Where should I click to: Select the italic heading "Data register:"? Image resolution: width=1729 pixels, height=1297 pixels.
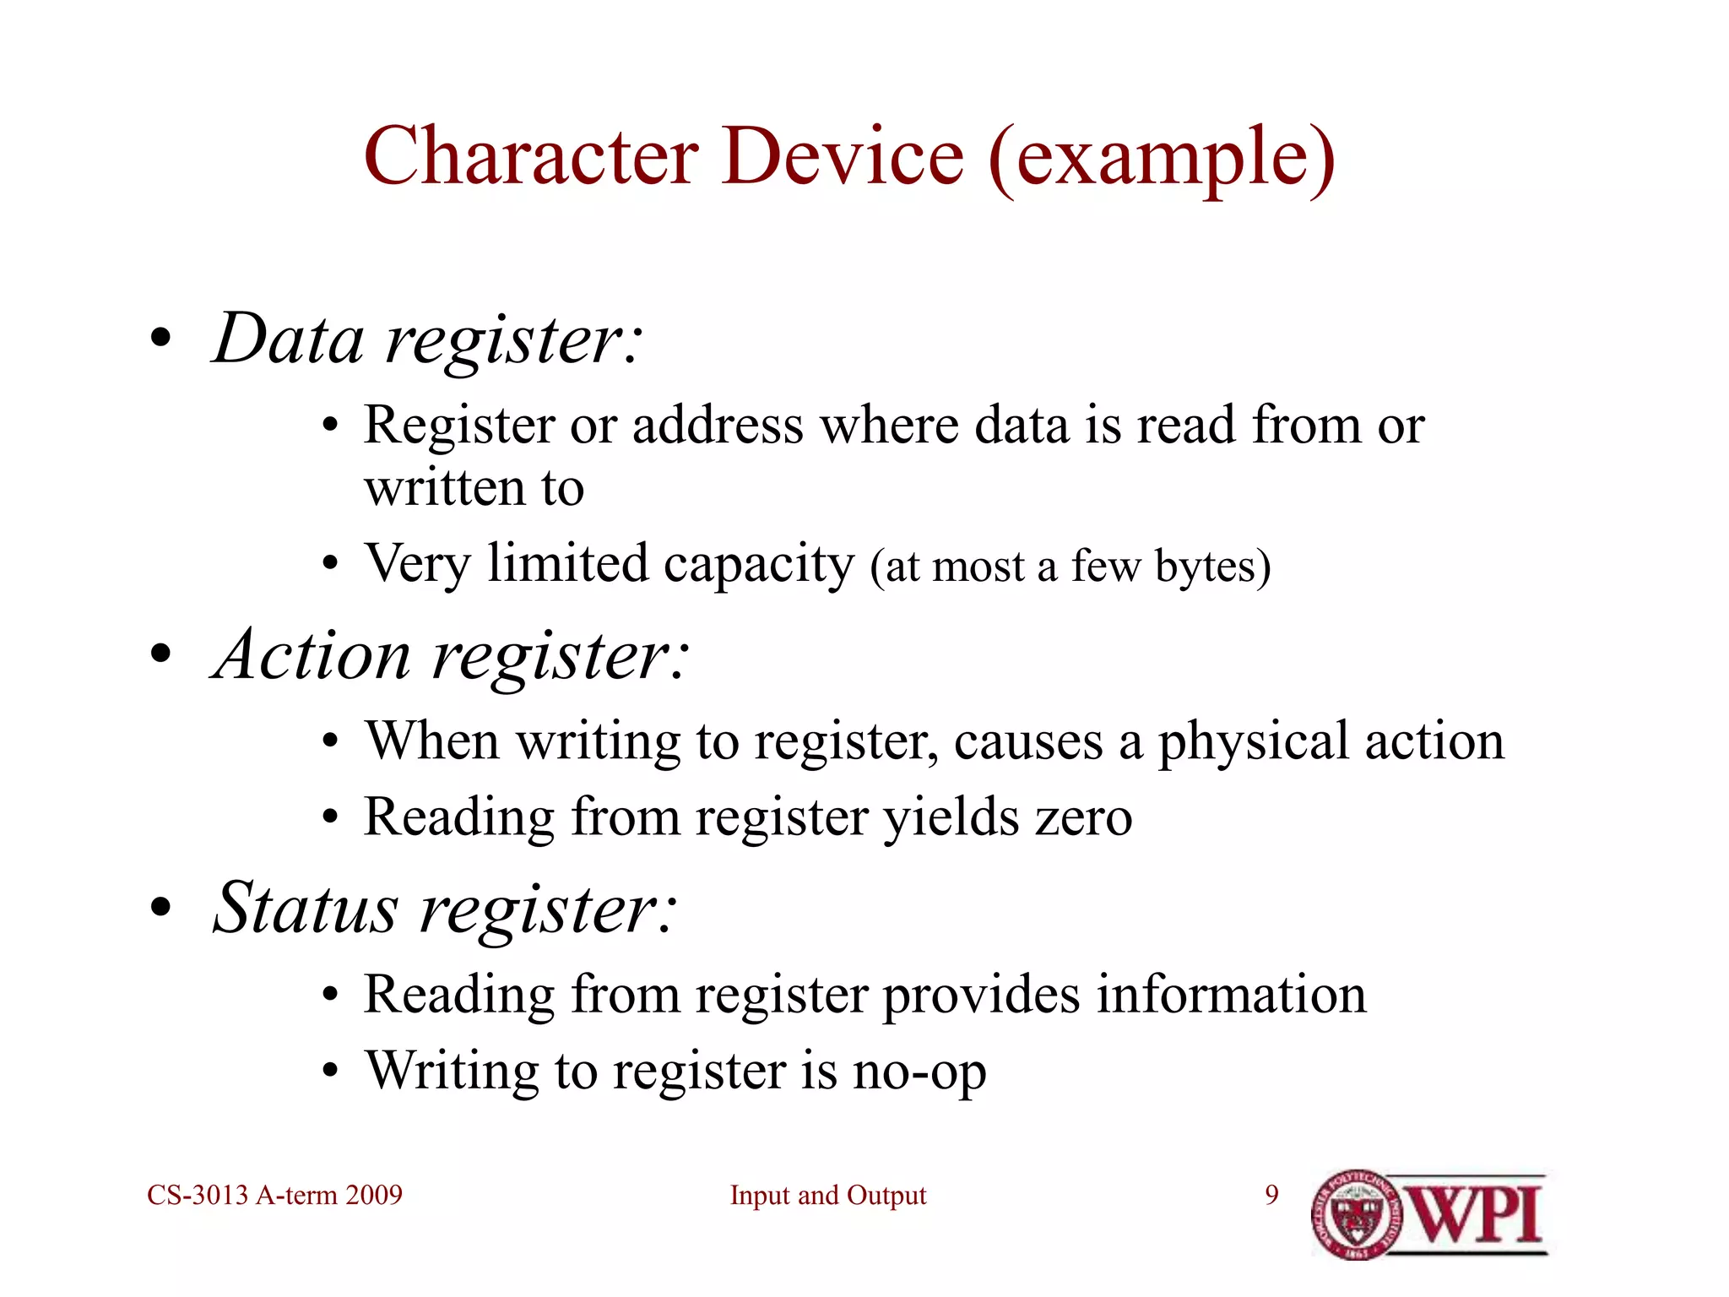pos(427,339)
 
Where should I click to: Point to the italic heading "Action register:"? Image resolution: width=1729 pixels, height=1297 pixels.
pos(451,655)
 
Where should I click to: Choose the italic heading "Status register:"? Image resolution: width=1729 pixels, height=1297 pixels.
pos(444,909)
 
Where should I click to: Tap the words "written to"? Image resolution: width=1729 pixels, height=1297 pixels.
pos(474,488)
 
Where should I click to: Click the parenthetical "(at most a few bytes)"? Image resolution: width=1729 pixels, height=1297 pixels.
pos(1070,567)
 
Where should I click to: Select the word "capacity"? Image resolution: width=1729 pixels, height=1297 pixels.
pos(758,565)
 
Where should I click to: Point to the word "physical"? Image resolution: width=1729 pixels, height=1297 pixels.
pos(1253,742)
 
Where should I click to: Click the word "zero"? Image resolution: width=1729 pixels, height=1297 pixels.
pos(1084,817)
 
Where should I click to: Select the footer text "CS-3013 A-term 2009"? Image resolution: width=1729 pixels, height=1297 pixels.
pos(274,1195)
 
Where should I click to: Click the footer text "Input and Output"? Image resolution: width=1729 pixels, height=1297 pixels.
pos(827,1196)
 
